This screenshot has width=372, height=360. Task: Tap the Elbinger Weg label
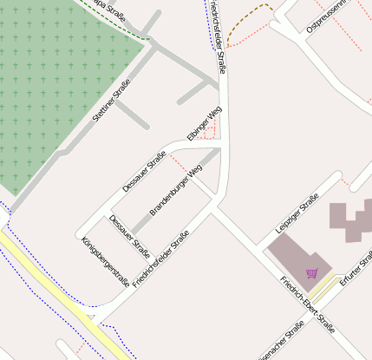tap(205, 123)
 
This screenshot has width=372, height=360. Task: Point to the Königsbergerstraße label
tap(105, 261)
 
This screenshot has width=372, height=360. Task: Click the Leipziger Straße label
tap(297, 213)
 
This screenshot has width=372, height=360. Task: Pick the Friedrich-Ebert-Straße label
tap(307, 304)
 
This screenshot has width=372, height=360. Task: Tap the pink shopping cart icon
tap(312, 274)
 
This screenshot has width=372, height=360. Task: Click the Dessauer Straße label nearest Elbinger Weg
tap(144, 171)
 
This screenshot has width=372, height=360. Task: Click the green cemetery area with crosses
tap(52, 87)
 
